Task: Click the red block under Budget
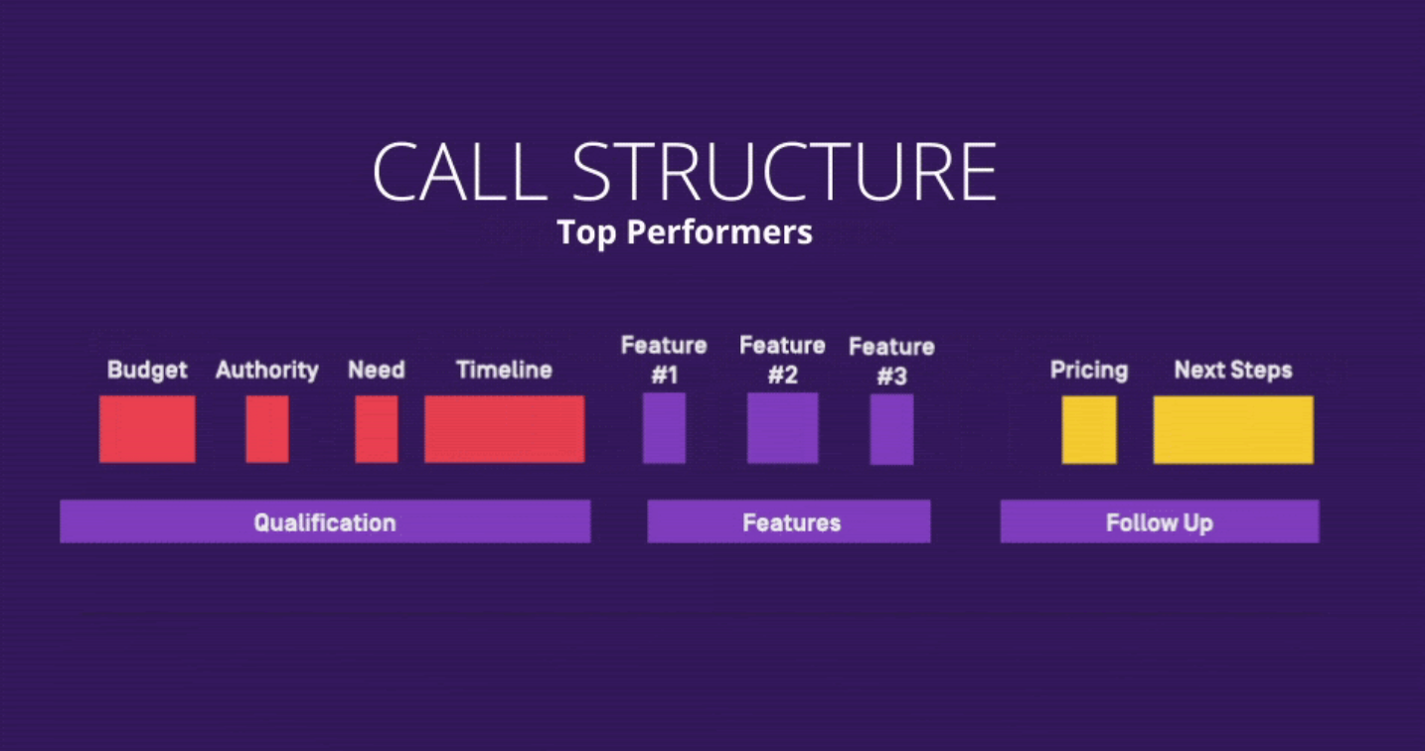[x=148, y=429]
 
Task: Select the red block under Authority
[x=267, y=429]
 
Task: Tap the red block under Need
[x=377, y=429]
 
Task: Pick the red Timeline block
[x=505, y=429]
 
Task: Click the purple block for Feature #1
[x=664, y=428]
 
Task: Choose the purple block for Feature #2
[x=782, y=428]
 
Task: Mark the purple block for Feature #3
[x=892, y=429]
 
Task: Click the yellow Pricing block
[x=1089, y=430]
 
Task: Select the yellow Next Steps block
[x=1233, y=430]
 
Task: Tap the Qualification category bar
[x=325, y=522]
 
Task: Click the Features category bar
[x=789, y=522]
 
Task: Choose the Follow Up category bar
[x=1160, y=522]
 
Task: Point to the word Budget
[x=148, y=371]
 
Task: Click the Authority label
[x=267, y=371]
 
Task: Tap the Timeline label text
[x=505, y=370]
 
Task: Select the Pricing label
[x=1089, y=371]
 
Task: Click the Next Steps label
[x=1233, y=371]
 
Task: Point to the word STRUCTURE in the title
[x=784, y=172]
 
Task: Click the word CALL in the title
[x=460, y=172]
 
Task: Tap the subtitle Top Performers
[x=685, y=232]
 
